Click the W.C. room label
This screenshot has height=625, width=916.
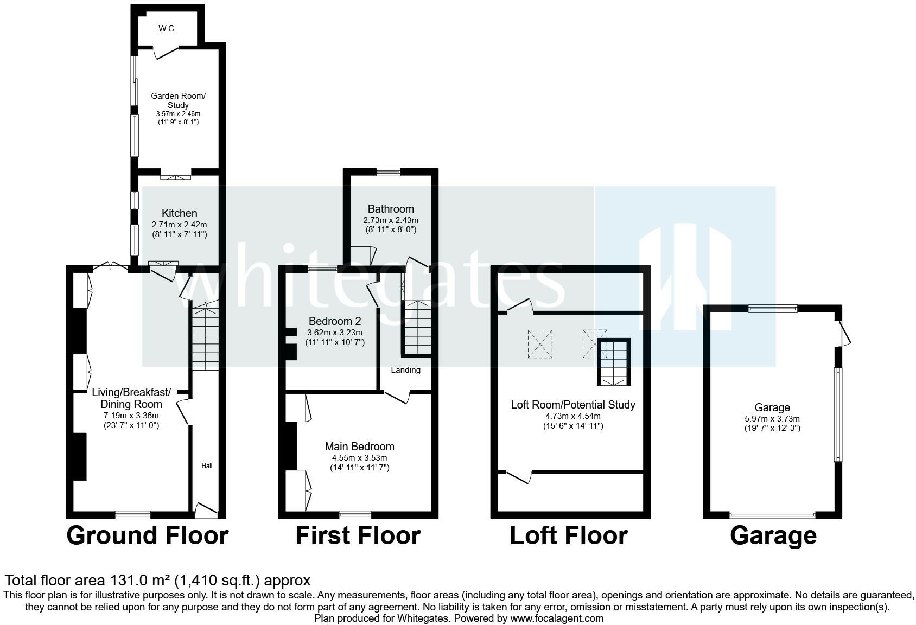pos(167,29)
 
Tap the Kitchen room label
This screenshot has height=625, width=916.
pos(179,213)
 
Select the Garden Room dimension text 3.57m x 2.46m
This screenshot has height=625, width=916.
pos(178,114)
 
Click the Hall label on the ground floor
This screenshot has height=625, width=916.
pos(207,465)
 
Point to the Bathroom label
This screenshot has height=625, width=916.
pos(391,209)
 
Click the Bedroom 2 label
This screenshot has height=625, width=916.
pos(335,321)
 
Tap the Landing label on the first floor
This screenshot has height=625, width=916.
pos(406,370)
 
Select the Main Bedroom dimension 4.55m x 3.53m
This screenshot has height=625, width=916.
pos(360,458)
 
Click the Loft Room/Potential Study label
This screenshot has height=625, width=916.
pos(573,405)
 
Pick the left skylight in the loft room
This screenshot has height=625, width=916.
pos(540,344)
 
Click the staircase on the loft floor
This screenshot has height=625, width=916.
pos(614,362)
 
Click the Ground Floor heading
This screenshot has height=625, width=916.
pos(147,535)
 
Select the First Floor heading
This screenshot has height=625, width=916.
pos(358,535)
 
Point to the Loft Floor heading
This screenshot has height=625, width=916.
pos(569,535)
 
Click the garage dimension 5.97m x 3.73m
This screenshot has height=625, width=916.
pos(772,419)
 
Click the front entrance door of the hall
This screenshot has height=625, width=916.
pos(206,509)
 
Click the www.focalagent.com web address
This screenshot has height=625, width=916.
pos(557,618)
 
